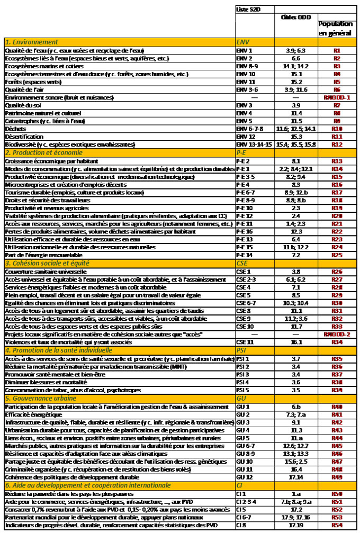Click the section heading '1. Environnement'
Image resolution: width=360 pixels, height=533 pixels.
pyautogui.click(x=31, y=42)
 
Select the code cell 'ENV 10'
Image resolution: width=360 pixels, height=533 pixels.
pyautogui.click(x=245, y=74)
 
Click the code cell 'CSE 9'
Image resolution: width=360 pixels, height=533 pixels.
pyautogui.click(x=244, y=319)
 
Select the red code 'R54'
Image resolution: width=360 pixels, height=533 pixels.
pyautogui.click(x=336, y=525)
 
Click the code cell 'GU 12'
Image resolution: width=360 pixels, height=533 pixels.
pyautogui.click(x=244, y=477)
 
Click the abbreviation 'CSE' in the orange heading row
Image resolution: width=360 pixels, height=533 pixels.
pyautogui.click(x=242, y=263)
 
